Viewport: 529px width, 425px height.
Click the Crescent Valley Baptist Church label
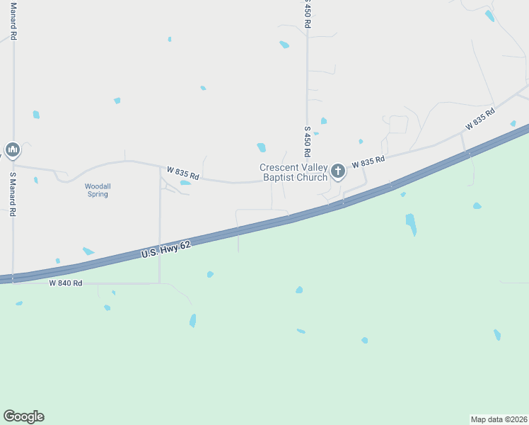[x=293, y=172]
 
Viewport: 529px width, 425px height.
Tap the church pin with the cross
[x=338, y=171]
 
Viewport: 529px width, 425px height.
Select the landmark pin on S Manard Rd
[x=12, y=149]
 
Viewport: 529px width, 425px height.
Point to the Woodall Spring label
[x=98, y=190]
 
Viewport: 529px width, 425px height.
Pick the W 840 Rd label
[x=66, y=283]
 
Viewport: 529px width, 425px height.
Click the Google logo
[x=23, y=416]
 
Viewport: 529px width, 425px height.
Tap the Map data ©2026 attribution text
[x=499, y=418]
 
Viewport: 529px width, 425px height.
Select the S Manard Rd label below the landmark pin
[x=13, y=193]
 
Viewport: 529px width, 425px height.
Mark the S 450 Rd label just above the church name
[x=308, y=142]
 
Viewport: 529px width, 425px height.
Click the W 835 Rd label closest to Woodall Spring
[x=183, y=173]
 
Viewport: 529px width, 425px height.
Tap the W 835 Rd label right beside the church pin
[x=368, y=162]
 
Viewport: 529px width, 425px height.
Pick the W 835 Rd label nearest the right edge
[x=479, y=118]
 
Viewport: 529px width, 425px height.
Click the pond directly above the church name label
[x=262, y=147]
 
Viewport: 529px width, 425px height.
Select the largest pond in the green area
[x=411, y=225]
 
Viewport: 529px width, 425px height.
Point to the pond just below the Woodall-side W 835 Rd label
[x=185, y=183]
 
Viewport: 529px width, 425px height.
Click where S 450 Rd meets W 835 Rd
[x=308, y=178]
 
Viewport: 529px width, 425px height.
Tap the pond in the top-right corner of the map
[x=489, y=16]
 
